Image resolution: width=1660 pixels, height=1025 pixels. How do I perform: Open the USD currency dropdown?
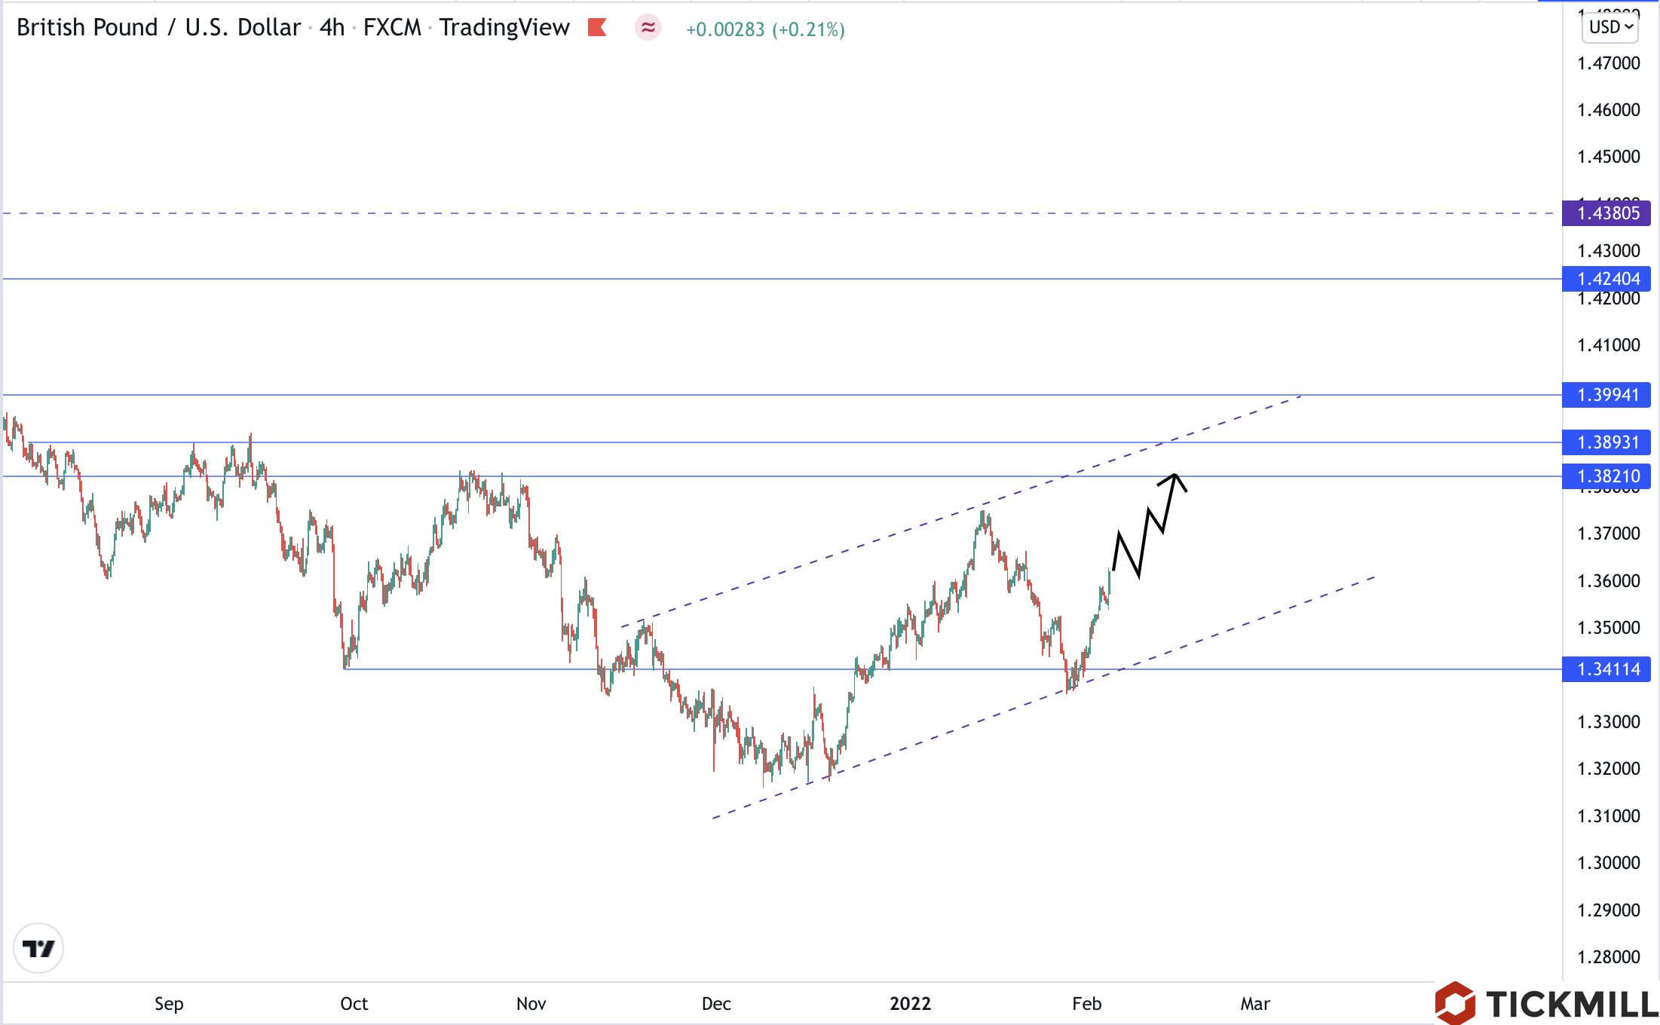[1610, 27]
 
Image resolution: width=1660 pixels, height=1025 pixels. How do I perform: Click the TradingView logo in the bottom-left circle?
[38, 948]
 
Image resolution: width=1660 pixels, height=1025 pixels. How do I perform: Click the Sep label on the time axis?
[169, 1004]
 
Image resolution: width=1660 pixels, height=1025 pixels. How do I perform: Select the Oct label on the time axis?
[354, 1004]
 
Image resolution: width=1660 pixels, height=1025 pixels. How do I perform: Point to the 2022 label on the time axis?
[910, 1004]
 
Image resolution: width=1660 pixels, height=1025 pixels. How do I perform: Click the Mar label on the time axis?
[1255, 1004]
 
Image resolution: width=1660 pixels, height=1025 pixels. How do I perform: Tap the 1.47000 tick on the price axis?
[1608, 63]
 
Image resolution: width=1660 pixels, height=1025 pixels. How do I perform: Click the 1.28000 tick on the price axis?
[1608, 957]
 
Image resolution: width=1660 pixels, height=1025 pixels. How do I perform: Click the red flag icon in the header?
[597, 28]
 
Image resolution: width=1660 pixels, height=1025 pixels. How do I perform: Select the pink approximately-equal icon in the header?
[648, 28]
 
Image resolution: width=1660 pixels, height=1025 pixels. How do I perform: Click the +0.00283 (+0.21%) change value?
[765, 29]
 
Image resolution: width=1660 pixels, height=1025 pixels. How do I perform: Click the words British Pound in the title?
[87, 28]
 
